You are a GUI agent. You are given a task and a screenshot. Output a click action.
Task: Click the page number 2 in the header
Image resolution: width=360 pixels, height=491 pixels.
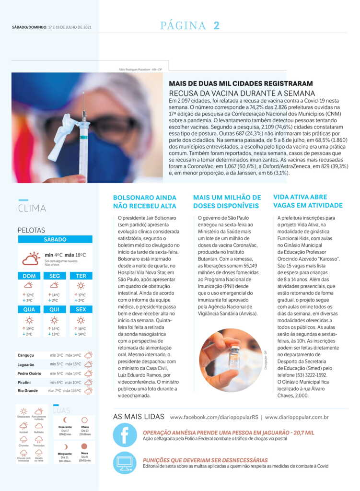pyautogui.click(x=216, y=26)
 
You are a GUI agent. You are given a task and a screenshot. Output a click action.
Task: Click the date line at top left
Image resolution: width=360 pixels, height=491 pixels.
pyautogui.click(x=52, y=27)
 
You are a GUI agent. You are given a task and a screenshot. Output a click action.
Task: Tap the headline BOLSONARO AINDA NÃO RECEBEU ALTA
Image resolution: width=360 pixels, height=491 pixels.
pyautogui.click(x=144, y=201)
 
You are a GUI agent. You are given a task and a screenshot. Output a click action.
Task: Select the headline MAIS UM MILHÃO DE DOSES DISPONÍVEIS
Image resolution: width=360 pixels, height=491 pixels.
pyautogui.click(x=227, y=201)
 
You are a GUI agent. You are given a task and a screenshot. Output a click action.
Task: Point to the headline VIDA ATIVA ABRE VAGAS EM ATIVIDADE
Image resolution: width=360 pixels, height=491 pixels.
pyautogui.click(x=308, y=201)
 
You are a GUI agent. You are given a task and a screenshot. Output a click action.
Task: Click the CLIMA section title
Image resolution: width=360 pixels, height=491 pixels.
pyautogui.click(x=32, y=209)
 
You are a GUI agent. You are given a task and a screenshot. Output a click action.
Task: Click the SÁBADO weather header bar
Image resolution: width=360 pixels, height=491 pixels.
pyautogui.click(x=55, y=239)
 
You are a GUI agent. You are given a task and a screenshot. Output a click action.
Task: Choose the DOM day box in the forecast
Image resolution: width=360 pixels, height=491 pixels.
pyautogui.click(x=29, y=276)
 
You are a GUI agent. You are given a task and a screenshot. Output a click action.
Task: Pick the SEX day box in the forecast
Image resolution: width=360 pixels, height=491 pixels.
pyautogui.click(x=81, y=309)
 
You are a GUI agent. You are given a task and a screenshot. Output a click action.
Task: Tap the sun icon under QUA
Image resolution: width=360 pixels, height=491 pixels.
pyautogui.click(x=29, y=320)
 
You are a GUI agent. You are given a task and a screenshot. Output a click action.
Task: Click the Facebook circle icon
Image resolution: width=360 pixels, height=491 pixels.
pyautogui.click(x=125, y=435)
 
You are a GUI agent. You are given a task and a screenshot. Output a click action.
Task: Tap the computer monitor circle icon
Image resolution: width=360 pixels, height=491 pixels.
pyautogui.click(x=125, y=463)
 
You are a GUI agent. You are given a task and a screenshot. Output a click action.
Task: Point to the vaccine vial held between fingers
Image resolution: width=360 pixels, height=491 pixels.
pyautogui.click(x=234, y=358)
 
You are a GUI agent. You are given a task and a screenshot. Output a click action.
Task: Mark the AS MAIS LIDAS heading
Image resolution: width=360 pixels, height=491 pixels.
pyautogui.click(x=139, y=417)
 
